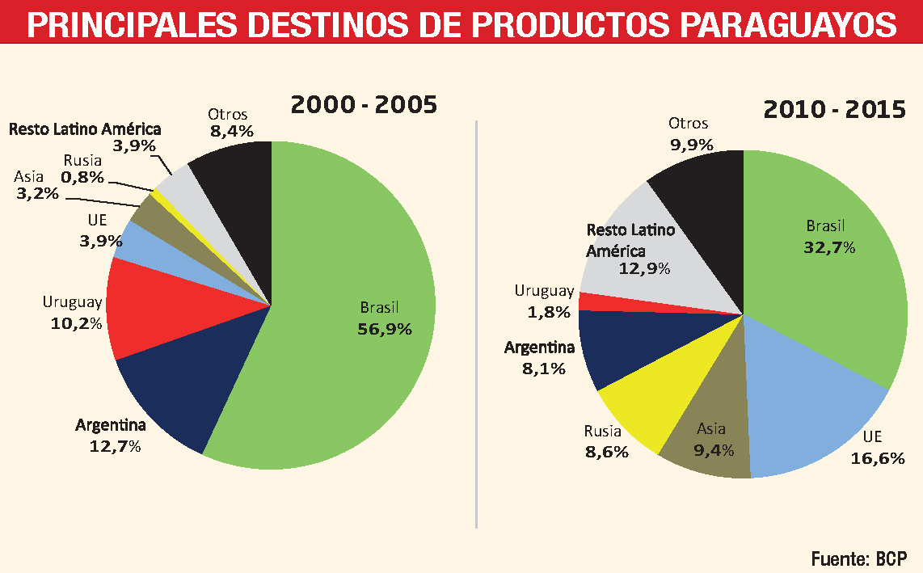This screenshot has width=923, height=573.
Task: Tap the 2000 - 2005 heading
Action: [364, 105]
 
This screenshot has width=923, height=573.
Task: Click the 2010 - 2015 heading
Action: [834, 110]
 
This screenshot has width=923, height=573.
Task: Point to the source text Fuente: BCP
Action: [858, 558]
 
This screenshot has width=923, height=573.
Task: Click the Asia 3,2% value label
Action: [36, 193]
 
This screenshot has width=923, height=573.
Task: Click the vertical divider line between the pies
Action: [477, 323]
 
